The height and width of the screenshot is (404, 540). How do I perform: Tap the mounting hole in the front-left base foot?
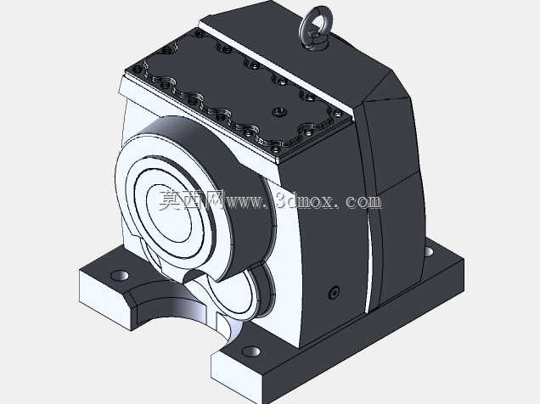(x=120, y=275)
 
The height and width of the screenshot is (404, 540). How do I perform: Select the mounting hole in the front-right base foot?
(x=250, y=351)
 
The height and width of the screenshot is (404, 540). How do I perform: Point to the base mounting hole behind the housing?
(x=428, y=251)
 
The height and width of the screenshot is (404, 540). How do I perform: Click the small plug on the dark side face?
(x=335, y=293)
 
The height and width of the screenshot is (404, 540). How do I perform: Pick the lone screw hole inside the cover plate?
(x=278, y=112)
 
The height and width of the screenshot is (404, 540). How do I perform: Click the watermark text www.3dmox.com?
(x=303, y=200)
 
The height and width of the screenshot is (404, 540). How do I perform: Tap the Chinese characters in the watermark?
(x=192, y=199)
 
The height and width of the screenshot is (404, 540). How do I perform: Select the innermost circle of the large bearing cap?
(x=170, y=213)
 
